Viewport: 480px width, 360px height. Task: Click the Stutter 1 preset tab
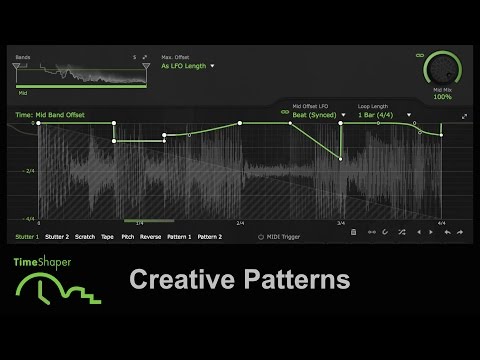[28, 237]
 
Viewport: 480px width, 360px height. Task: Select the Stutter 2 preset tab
[58, 237]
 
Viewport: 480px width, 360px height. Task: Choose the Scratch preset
[85, 237]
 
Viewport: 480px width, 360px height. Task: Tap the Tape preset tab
[108, 237]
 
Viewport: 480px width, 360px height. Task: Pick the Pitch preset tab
[128, 237]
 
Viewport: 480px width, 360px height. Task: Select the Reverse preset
[150, 237]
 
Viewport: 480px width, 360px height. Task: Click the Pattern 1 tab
[179, 237]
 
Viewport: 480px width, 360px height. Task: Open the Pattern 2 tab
[210, 237]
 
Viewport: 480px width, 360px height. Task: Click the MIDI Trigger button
[283, 237]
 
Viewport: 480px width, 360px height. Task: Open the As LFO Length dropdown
[187, 66]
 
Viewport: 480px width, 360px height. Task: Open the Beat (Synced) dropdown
[318, 115]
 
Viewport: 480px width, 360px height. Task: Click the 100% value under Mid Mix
[442, 98]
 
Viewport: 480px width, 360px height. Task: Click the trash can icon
[353, 232]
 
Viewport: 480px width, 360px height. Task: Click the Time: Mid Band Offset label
[50, 116]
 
